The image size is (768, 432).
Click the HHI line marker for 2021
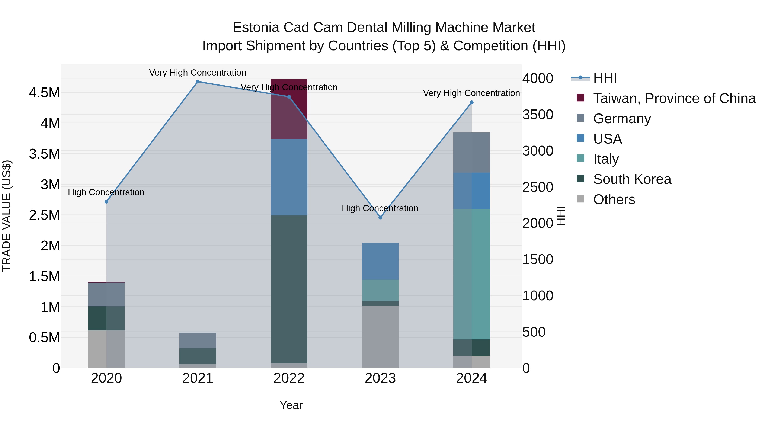pos(198,82)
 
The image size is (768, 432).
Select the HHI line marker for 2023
pos(380,218)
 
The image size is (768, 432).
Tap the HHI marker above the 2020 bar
pos(106,202)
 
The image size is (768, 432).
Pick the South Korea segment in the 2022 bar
pos(289,289)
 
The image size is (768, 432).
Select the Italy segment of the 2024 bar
pos(471,274)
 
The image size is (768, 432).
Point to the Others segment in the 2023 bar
pos(380,337)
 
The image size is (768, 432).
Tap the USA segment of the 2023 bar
pos(380,261)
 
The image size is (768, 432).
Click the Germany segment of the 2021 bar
pos(198,340)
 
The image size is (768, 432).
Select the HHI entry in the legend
pos(605,78)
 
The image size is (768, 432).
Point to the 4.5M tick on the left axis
pos(44,93)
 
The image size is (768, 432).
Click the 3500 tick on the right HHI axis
pos(538,115)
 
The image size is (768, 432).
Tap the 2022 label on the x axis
pos(289,378)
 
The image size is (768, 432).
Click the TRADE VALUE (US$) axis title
pos(7,216)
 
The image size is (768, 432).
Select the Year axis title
pos(291,405)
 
